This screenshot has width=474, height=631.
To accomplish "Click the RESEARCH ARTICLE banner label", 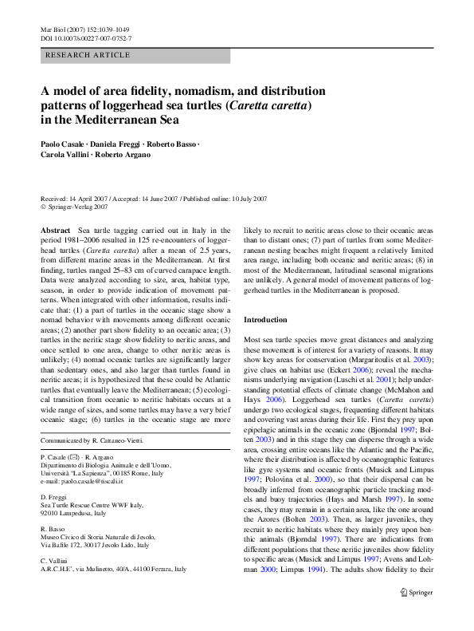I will point(88,55).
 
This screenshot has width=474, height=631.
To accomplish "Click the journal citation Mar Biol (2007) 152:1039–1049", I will point(84,30).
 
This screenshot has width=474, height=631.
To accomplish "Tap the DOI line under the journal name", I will point(86,38).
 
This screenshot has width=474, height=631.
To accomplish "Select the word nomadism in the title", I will point(186,91).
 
